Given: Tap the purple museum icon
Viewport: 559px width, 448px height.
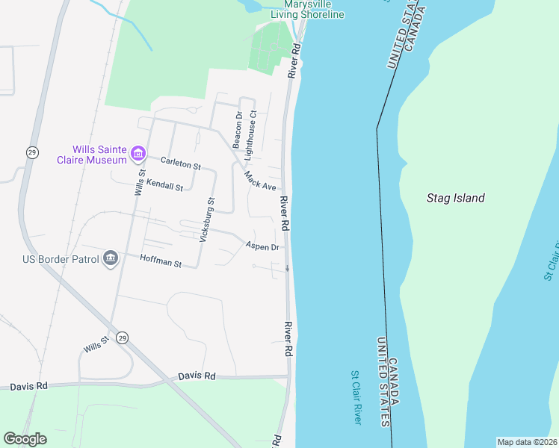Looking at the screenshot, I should pyautogui.click(x=138, y=155).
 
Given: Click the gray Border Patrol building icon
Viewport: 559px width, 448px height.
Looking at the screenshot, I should pyautogui.click(x=111, y=258).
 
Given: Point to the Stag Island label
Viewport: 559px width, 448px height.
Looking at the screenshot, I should pyautogui.click(x=455, y=198).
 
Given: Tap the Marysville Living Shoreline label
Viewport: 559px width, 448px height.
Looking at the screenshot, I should pyautogui.click(x=308, y=10).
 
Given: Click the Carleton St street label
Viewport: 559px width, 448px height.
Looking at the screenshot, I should pyautogui.click(x=182, y=162).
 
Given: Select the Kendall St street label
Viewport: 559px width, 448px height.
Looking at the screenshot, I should pyautogui.click(x=164, y=184).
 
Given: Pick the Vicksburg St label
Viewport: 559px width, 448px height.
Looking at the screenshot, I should pyautogui.click(x=206, y=220).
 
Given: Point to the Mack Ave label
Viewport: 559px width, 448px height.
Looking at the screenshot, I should pyautogui.click(x=260, y=180).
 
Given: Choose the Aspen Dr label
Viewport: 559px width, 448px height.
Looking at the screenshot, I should pyautogui.click(x=262, y=246).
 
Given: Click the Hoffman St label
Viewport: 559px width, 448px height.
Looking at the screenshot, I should pyautogui.click(x=161, y=261).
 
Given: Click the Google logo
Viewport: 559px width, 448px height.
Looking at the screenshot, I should pyautogui.click(x=25, y=439).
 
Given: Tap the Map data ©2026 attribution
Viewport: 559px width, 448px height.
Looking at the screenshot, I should pyautogui.click(x=527, y=442).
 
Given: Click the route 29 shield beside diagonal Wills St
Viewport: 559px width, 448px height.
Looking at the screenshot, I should pyautogui.click(x=123, y=338).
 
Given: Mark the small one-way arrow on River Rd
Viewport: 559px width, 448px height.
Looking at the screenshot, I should pyautogui.click(x=287, y=267).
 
